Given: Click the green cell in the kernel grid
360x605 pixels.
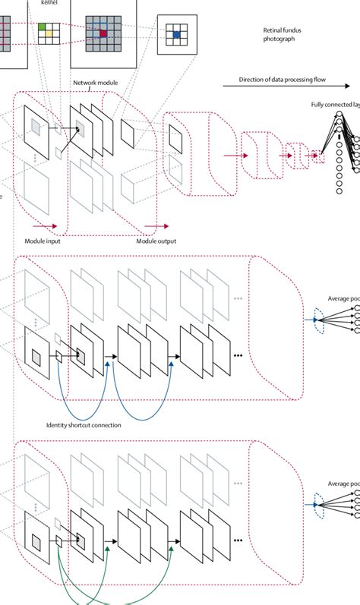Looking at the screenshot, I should point(43,28).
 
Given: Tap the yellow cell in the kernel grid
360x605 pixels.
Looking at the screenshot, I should point(49,35).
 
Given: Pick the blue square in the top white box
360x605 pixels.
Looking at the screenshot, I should point(175,35).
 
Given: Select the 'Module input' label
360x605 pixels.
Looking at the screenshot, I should point(43,241).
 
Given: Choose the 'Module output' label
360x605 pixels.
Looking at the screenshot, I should point(156,241).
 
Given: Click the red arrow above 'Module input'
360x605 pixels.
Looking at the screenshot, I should point(44,225).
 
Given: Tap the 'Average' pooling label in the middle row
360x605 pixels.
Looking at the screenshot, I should point(343,299).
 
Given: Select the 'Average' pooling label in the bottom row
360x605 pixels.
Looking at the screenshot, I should point(343,484).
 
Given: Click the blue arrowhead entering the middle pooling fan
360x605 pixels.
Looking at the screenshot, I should point(314,320).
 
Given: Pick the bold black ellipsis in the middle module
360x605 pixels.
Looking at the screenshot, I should point(238,356).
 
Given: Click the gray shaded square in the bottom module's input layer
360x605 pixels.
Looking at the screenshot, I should point(36,540).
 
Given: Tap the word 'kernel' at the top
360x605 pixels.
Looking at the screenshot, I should point(49,3).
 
